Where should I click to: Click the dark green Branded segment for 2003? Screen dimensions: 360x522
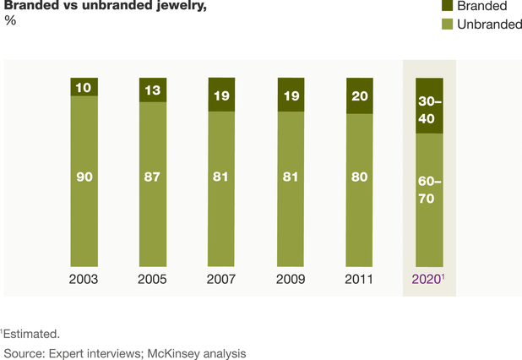[x=84, y=87]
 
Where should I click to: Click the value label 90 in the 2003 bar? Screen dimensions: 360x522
[x=84, y=180]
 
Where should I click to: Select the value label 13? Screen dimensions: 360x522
[x=154, y=90]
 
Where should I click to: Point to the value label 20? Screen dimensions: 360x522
[x=361, y=95]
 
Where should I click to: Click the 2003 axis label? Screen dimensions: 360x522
[x=84, y=279]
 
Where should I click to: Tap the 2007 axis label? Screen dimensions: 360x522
[x=223, y=279]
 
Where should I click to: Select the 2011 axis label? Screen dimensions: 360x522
[x=361, y=279]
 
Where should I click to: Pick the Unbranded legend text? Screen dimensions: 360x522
[x=489, y=25]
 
